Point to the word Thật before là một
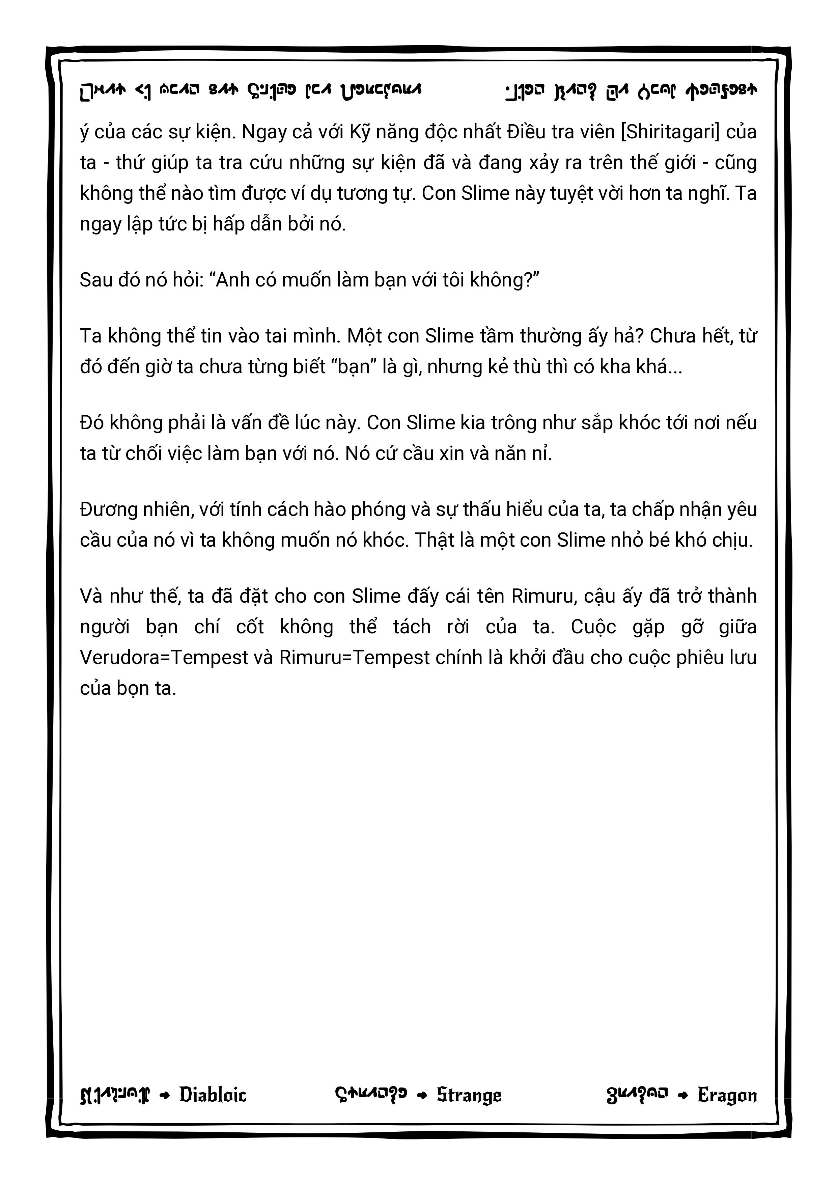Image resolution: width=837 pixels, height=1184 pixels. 437,541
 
